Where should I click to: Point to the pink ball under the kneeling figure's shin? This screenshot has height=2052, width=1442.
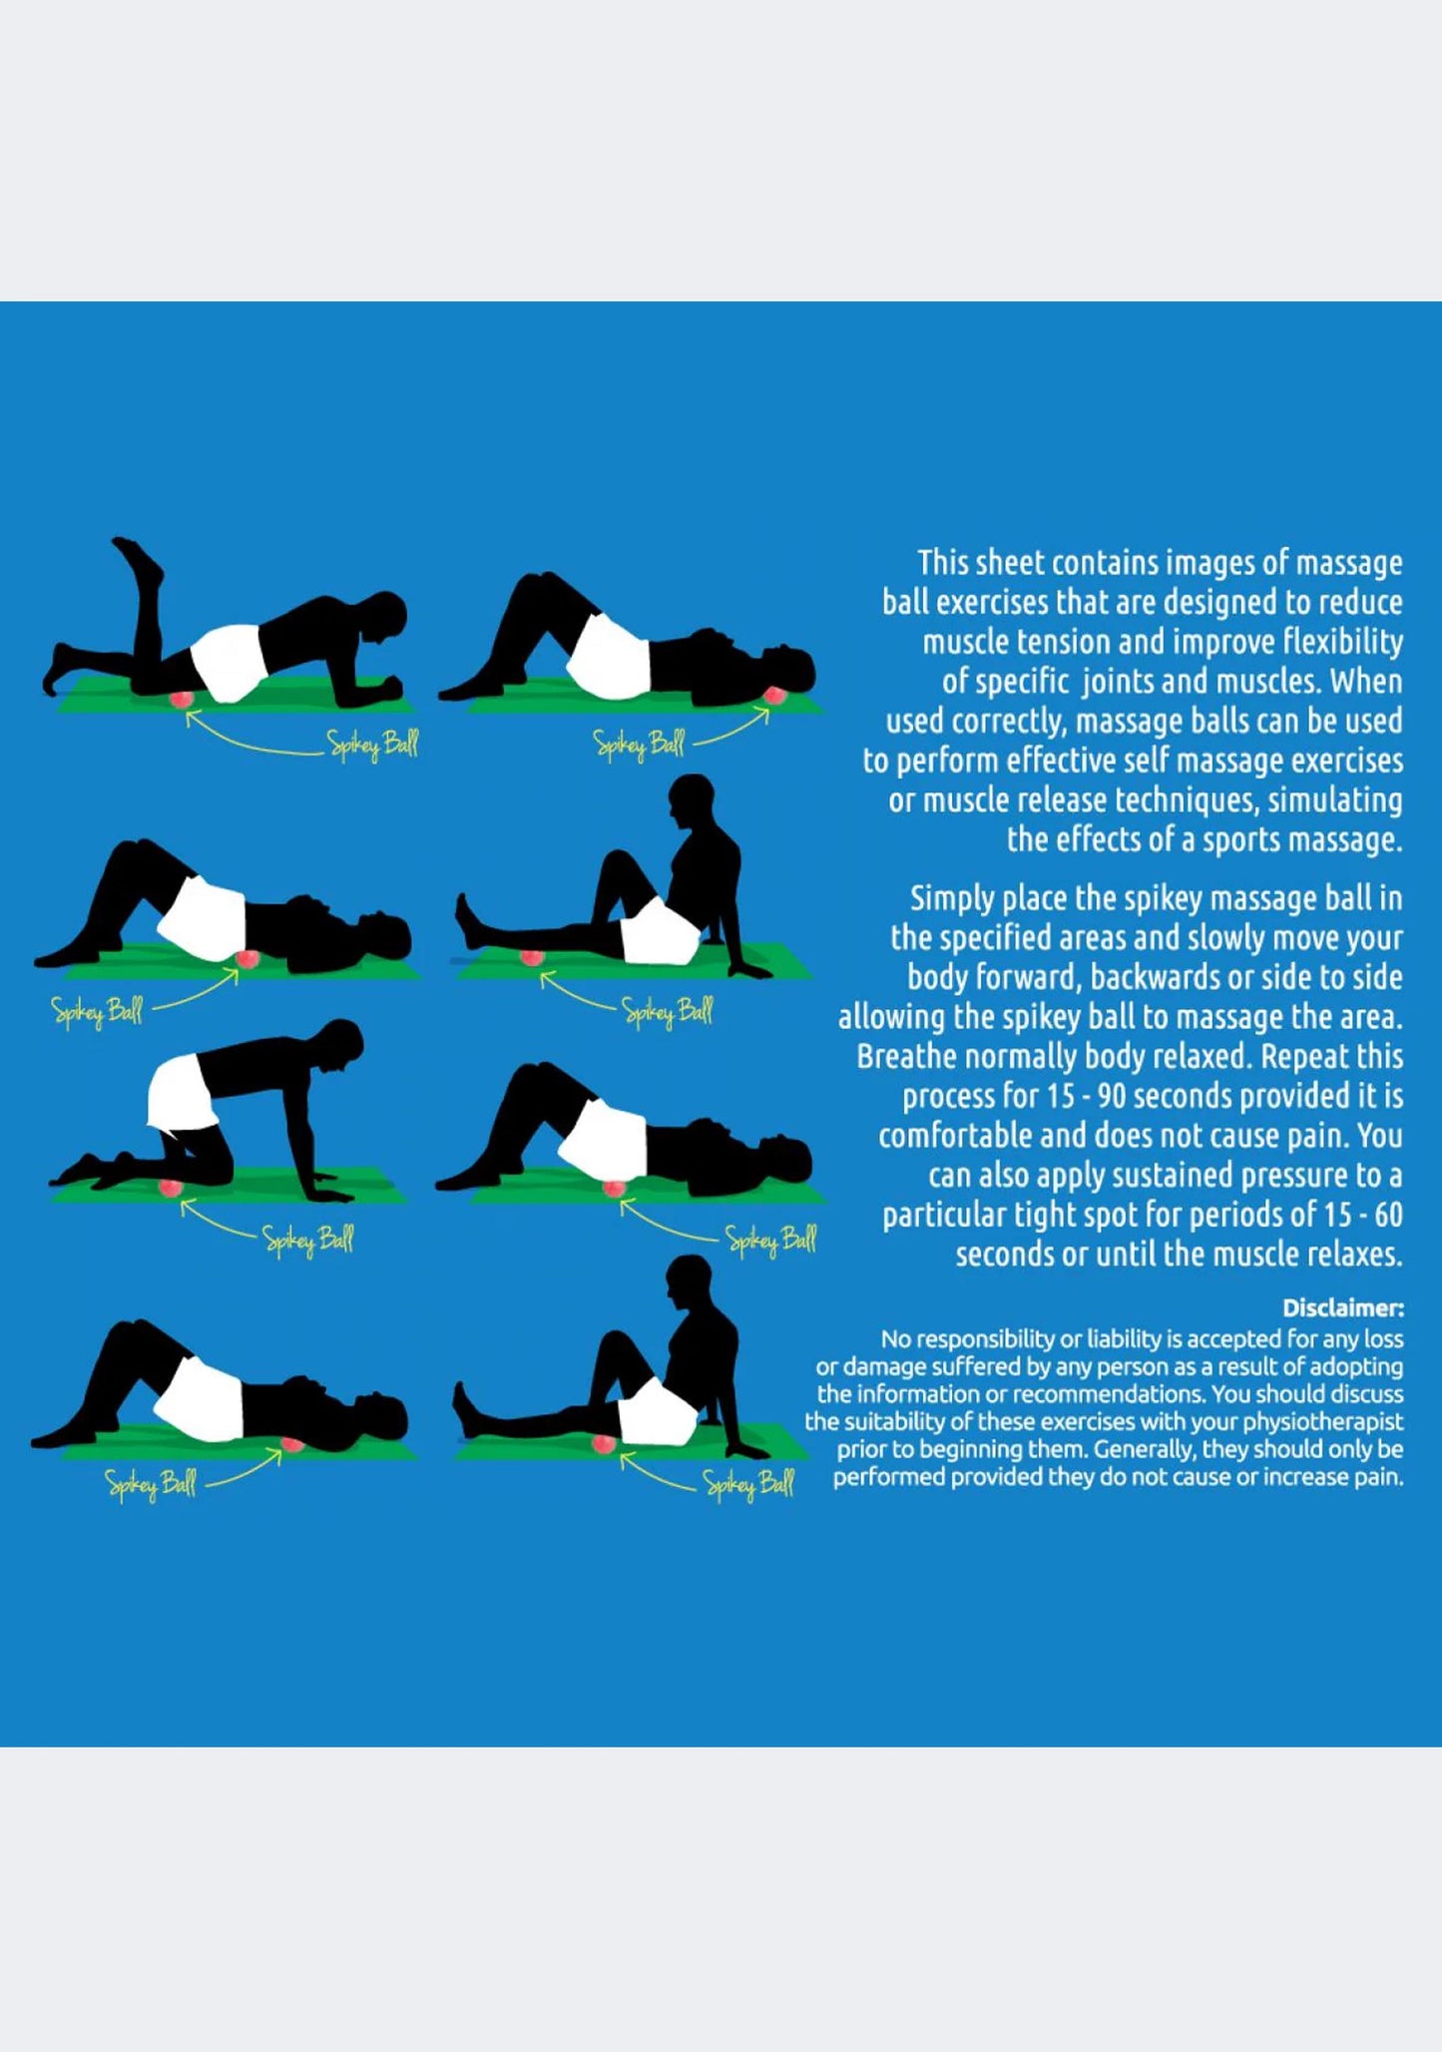point(172,1188)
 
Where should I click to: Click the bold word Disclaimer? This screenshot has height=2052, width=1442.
point(1343,1307)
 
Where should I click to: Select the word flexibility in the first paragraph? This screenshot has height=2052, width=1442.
point(1343,642)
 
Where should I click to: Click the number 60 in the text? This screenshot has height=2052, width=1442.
point(1387,1215)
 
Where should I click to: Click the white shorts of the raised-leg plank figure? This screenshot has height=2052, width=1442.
point(228,664)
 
